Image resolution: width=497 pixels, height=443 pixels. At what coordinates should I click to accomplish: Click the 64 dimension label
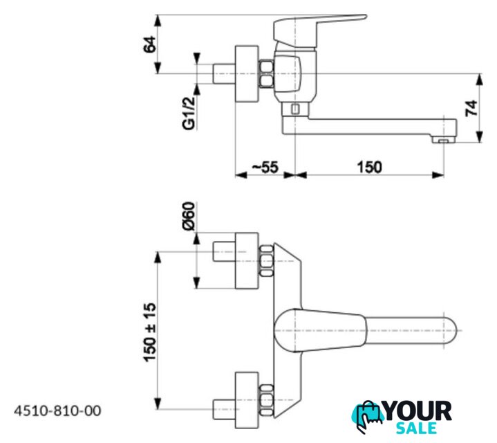click(x=149, y=44)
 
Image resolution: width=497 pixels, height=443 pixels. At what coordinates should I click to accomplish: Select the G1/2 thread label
click(x=189, y=114)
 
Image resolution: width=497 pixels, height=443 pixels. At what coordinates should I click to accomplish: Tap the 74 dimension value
click(x=471, y=108)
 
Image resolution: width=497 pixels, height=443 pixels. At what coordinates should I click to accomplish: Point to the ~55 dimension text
click(x=265, y=167)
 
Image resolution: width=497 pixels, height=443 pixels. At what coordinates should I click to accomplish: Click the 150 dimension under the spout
click(x=369, y=167)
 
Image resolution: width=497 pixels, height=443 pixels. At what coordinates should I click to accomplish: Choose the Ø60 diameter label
click(x=189, y=216)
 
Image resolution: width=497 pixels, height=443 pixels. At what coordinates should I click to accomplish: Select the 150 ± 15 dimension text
click(x=149, y=332)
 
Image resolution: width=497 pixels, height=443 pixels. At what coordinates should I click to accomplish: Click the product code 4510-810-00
click(x=57, y=410)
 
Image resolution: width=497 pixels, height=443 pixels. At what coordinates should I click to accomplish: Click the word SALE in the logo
click(x=416, y=428)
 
